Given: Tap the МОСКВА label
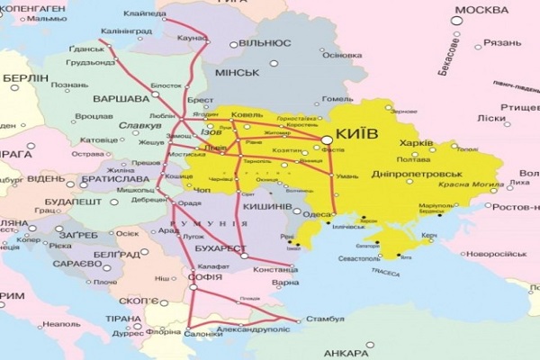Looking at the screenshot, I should pyautogui.click(x=483, y=10).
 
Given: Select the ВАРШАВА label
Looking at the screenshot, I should pyautogui.click(x=121, y=97).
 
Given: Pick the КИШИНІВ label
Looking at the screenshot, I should pyautogui.click(x=267, y=206).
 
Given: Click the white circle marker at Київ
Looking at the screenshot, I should pyautogui.click(x=325, y=138).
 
